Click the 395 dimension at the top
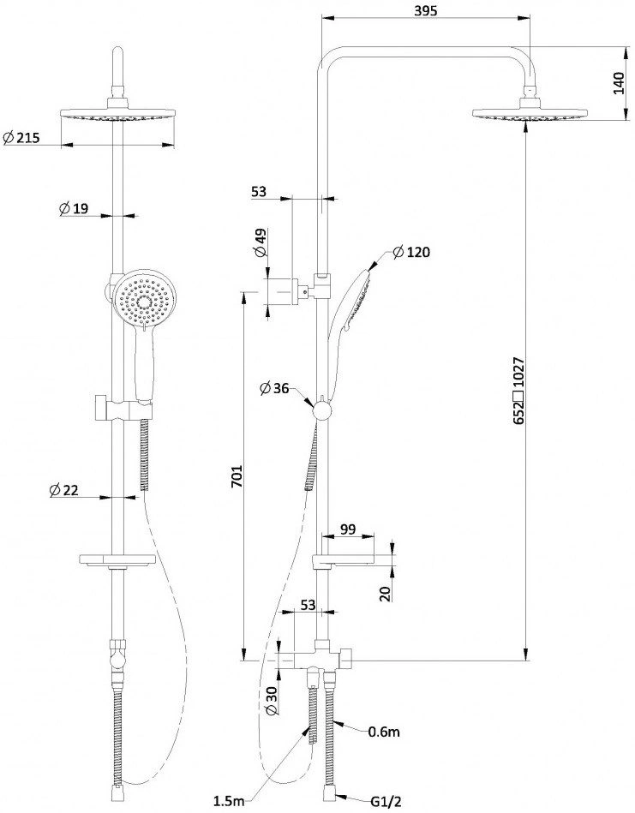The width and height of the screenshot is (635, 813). [426, 9]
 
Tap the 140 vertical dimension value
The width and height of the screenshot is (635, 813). [619, 83]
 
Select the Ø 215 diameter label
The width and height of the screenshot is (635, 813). [21, 138]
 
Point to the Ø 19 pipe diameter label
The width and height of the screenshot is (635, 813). [74, 209]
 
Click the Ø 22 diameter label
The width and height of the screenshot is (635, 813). [63, 490]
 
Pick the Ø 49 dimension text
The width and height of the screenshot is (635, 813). [261, 242]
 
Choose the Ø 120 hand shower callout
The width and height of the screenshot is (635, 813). [411, 253]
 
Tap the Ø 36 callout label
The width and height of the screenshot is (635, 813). [274, 388]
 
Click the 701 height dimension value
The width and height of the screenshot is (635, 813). [237, 476]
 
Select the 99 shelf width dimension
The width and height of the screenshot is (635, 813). [348, 529]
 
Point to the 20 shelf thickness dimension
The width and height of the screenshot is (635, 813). [385, 594]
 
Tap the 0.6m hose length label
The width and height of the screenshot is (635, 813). [384, 732]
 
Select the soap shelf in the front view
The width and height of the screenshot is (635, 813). [117, 560]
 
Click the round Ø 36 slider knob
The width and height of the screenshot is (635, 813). [321, 411]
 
